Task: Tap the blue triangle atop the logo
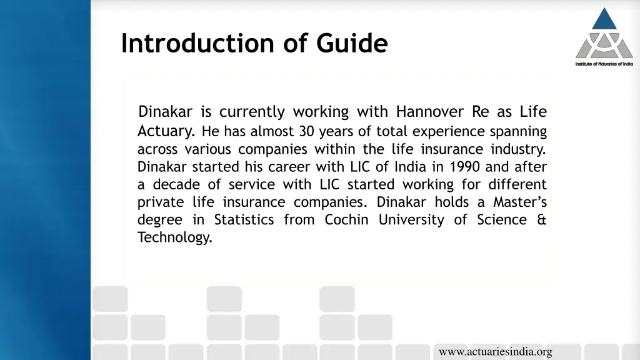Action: (604, 19)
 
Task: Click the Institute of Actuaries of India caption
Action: (604, 64)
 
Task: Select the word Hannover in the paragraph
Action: (430, 112)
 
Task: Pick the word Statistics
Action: (244, 220)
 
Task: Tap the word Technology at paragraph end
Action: (175, 237)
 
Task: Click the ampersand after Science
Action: (541, 220)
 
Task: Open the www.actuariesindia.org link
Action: (495, 352)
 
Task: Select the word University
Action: (411, 220)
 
